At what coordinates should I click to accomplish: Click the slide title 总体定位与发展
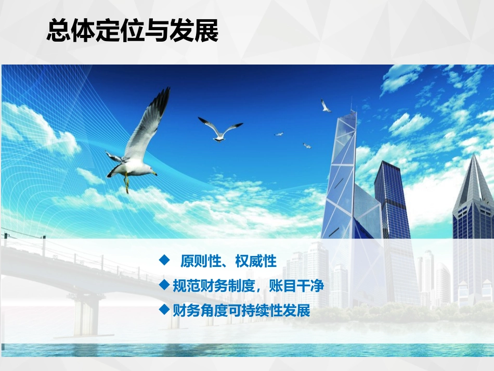[x=133, y=31]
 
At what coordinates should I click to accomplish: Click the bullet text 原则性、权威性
[x=228, y=261]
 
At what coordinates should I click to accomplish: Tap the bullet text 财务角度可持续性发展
[x=241, y=311]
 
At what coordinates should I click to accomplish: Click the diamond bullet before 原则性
[x=165, y=260]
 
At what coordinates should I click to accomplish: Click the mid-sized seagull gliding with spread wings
[x=220, y=129]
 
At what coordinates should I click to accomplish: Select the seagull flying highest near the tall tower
[x=326, y=106]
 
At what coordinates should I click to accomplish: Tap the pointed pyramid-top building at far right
[x=473, y=193]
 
